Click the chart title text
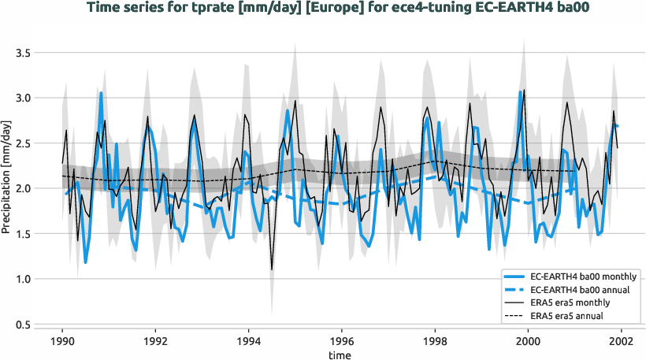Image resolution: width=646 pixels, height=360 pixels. click(x=324, y=9)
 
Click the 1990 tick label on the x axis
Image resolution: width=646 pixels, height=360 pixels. click(x=63, y=343)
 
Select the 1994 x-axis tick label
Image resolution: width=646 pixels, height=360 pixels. click(x=249, y=343)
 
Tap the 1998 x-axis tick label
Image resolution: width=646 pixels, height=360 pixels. click(x=435, y=343)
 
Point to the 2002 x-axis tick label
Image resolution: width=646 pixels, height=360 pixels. click(x=621, y=343)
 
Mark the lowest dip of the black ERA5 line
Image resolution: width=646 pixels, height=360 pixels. click(x=272, y=269)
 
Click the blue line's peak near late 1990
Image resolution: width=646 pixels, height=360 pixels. click(x=101, y=93)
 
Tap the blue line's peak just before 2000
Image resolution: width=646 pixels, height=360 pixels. click(x=521, y=92)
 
